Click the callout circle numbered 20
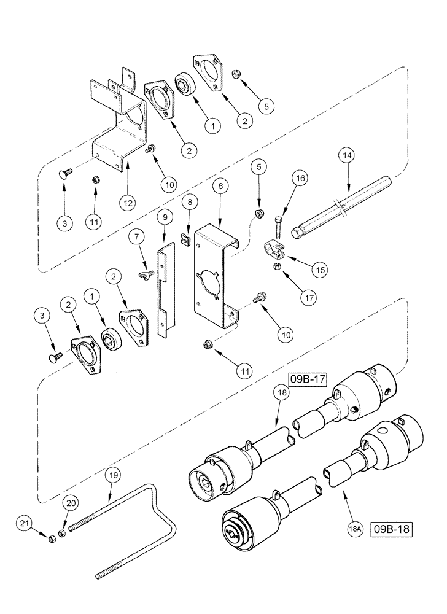tap(70, 503)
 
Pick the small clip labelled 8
tap(184, 235)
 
